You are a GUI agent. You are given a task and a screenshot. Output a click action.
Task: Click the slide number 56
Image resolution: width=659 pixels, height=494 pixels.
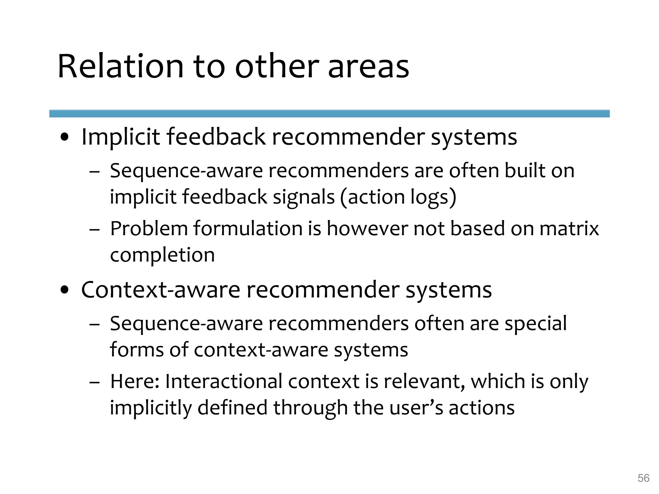pos(643,478)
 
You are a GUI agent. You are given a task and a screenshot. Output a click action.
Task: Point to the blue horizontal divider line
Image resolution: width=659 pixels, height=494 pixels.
pos(329,114)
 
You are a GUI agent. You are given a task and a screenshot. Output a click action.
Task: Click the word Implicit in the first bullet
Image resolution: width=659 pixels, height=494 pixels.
pos(121,137)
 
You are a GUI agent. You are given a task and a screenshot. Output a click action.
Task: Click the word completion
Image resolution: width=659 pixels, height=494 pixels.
pos(162,255)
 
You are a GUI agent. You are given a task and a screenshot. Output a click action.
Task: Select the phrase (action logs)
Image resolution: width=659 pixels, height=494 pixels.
pos(398,197)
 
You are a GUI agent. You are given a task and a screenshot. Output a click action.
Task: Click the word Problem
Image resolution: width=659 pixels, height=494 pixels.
pos(149,229)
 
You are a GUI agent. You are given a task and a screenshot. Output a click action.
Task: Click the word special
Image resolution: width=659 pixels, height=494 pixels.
pos(535,323)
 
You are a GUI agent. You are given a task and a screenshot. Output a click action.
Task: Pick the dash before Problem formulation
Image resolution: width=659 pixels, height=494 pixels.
pos(94,230)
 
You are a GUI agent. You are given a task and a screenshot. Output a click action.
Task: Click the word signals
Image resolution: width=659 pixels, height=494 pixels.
pos(304,197)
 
